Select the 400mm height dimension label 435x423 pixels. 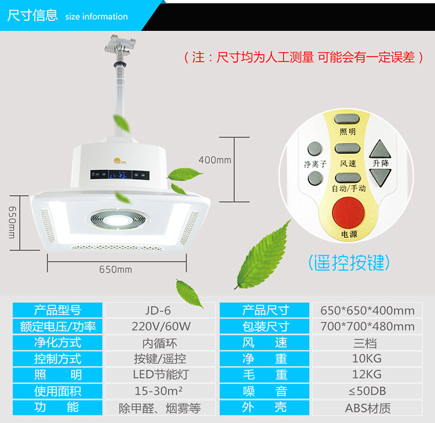tap(215, 159)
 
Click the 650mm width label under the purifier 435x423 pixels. tap(115, 269)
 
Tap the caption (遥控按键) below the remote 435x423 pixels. tap(347, 263)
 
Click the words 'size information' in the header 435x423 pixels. tap(96, 16)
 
